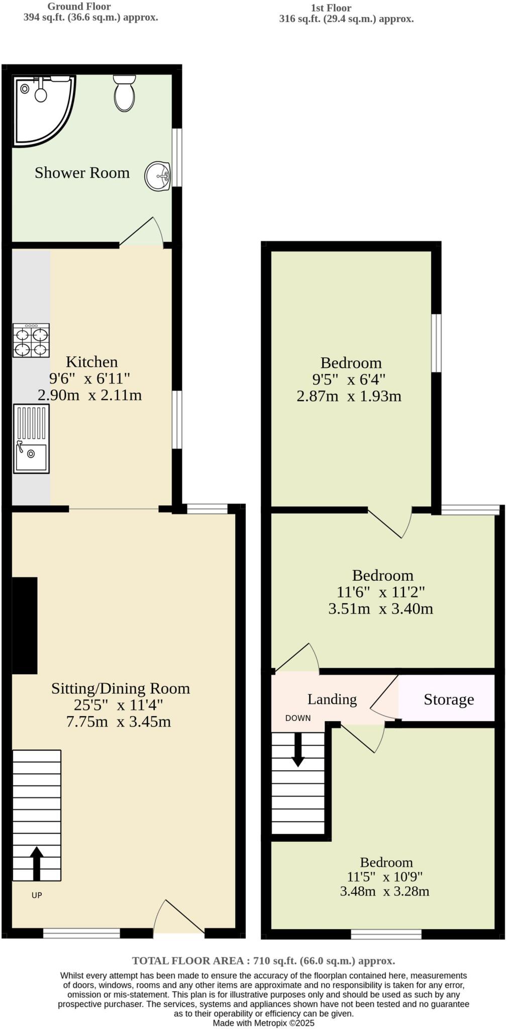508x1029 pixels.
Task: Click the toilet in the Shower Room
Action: [x=124, y=93]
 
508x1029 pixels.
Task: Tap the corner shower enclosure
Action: [x=40, y=108]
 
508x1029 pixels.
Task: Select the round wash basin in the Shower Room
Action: [x=158, y=176]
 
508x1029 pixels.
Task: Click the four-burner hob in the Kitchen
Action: [x=31, y=340]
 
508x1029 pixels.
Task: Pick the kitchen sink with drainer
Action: [x=31, y=439]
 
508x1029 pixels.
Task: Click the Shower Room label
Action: [x=82, y=173]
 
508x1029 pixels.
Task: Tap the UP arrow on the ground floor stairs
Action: [x=36, y=863]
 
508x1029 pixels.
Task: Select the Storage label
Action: [x=448, y=699]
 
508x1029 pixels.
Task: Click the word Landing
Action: [x=332, y=699]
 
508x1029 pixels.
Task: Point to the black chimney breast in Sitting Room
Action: [x=25, y=625]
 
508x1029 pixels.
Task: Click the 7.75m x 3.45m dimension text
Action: [x=119, y=722]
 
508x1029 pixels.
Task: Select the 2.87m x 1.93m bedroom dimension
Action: [x=349, y=396]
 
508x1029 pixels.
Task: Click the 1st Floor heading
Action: [x=331, y=8]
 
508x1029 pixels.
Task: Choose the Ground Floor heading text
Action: [x=79, y=7]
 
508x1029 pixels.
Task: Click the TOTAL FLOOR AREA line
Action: [x=263, y=961]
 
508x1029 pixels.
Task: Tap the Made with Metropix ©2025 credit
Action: [x=263, y=1022]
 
